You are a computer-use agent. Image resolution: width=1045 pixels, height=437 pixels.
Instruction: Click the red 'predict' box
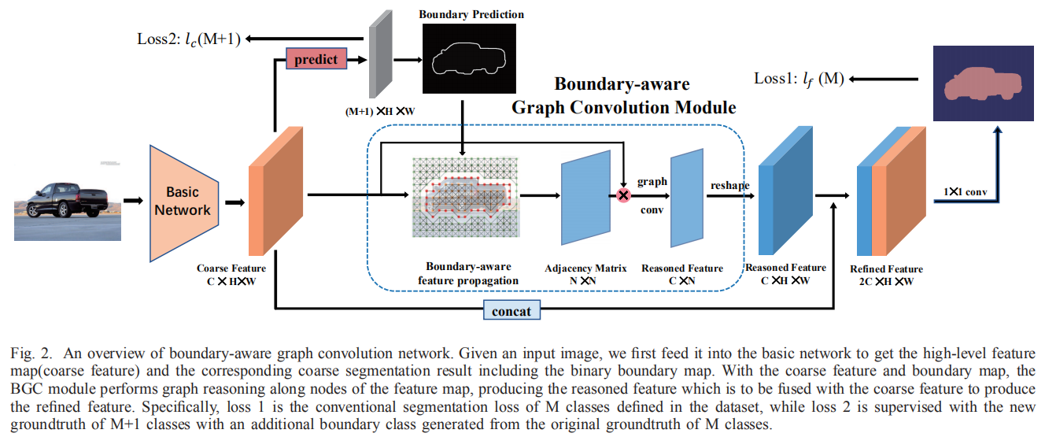(x=316, y=59)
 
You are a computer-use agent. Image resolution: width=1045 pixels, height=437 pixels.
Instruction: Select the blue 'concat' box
(x=511, y=311)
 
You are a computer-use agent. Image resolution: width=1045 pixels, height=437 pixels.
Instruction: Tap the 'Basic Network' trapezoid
(x=183, y=201)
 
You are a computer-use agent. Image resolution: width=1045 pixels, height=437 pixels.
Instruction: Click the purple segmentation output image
(x=982, y=83)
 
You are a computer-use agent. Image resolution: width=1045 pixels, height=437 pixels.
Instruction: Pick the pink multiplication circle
(x=623, y=194)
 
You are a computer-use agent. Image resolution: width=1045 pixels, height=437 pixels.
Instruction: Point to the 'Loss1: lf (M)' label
(x=798, y=79)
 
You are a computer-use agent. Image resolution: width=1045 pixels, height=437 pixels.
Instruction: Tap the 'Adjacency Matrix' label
(x=585, y=268)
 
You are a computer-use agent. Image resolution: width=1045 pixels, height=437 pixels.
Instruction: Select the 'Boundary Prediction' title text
(x=471, y=14)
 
